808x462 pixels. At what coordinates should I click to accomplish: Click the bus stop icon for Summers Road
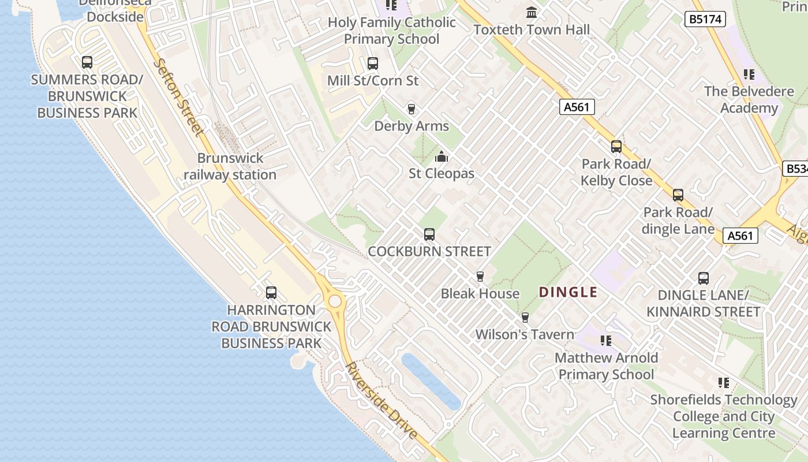pos(87,62)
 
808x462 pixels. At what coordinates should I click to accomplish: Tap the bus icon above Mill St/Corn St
pos(373,63)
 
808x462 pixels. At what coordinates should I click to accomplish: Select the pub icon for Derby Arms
pos(412,109)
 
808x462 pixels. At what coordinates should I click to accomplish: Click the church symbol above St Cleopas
pos(442,157)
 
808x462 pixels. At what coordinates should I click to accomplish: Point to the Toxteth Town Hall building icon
pos(532,12)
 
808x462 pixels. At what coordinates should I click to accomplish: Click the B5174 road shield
pos(705,19)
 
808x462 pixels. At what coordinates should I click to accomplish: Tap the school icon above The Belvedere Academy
pos(749,74)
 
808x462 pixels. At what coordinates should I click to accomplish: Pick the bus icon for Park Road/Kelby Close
pos(616,147)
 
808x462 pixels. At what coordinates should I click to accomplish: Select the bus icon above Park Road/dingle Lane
pos(678,195)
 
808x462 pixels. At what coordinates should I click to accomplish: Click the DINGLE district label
pos(568,292)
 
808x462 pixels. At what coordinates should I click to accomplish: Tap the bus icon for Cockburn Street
pos(429,234)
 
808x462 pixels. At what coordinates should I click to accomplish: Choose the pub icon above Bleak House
pos(480,277)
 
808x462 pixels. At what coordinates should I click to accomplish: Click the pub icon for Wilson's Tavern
pos(525,317)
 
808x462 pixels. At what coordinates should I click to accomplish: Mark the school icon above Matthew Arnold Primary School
pos(606,341)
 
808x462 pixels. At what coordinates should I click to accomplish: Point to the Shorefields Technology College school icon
pos(724,382)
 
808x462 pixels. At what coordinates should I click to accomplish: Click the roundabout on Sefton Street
pos(335,301)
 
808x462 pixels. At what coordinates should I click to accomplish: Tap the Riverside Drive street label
pos(381,401)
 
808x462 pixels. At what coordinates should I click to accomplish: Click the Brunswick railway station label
pos(230,166)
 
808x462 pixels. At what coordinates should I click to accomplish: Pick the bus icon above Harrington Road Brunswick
pos(271,293)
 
